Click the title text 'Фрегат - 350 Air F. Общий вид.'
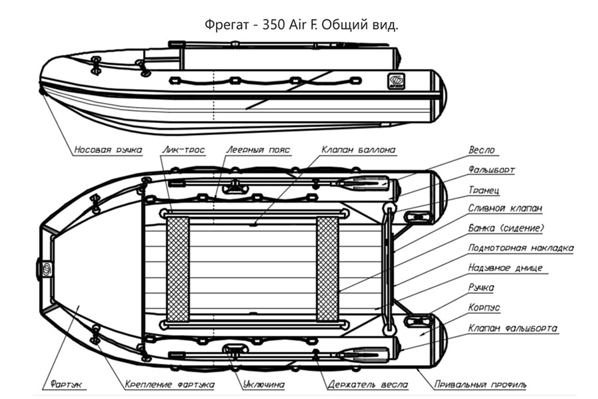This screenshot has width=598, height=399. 302,25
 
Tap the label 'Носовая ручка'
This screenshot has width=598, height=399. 108,150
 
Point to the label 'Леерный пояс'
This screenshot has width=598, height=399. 257,150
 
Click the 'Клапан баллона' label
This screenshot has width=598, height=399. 358,150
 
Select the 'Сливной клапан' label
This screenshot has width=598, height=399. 505,208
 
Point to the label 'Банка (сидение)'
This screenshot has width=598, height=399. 506,228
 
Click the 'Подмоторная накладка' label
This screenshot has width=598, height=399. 520,248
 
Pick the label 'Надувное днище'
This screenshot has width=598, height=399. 505,268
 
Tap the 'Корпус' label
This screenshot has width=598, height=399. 484,308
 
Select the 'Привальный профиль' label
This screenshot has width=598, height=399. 480,384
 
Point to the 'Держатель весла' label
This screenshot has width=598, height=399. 367,384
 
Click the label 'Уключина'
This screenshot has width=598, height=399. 264,384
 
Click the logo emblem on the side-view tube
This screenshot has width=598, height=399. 396,81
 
